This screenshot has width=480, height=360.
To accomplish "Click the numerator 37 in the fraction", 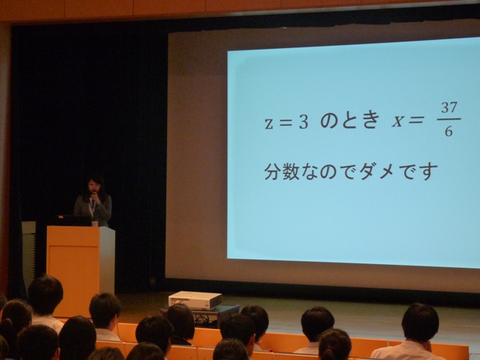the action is pyautogui.click(x=449, y=108).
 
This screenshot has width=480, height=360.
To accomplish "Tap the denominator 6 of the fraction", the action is pyautogui.click(x=449, y=131).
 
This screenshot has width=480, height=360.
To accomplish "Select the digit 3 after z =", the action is pyautogui.click(x=303, y=122).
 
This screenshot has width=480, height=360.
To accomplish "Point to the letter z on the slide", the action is pyautogui.click(x=269, y=123).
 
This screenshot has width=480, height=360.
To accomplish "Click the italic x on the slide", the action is pyautogui.click(x=398, y=122).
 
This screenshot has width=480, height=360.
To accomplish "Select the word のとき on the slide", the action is pyautogui.click(x=350, y=120).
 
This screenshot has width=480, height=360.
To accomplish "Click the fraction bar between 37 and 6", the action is pyautogui.click(x=449, y=119).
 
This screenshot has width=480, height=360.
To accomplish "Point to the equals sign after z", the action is pyautogui.click(x=286, y=123).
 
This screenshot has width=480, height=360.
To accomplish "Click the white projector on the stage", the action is pyautogui.click(x=195, y=300).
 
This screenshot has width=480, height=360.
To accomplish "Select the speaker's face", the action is pyautogui.click(x=94, y=186).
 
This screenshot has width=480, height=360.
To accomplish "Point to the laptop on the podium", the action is pyautogui.click(x=74, y=221).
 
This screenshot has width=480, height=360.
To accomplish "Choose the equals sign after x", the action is pyautogui.click(x=416, y=120).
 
